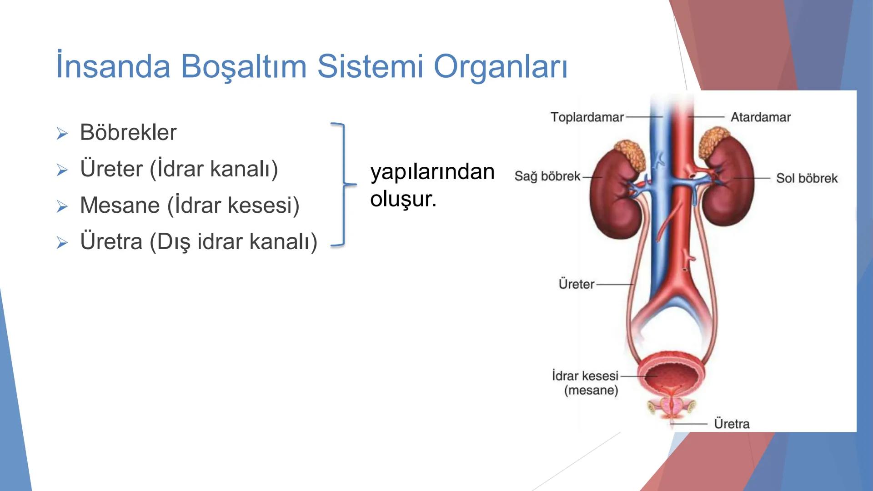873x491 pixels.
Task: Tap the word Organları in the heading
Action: tap(501, 67)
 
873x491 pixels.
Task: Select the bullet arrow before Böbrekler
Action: tap(62, 134)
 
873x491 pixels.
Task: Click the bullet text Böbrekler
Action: tap(128, 133)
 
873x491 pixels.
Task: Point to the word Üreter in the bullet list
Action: tap(111, 169)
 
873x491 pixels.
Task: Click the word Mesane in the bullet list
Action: tap(120, 205)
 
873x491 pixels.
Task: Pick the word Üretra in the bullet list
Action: tap(111, 241)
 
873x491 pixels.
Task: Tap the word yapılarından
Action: tap(432, 172)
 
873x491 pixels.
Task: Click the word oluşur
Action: tap(403, 199)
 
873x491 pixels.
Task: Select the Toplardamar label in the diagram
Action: tap(587, 117)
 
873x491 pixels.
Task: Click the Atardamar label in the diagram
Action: tap(760, 117)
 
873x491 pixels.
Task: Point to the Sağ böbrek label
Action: tap(547, 176)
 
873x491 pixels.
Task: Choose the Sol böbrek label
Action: tap(807, 178)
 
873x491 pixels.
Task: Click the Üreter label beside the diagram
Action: tap(576, 284)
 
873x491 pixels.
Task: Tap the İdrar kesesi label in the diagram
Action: tap(585, 376)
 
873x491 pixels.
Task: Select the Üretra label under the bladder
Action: tap(732, 424)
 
